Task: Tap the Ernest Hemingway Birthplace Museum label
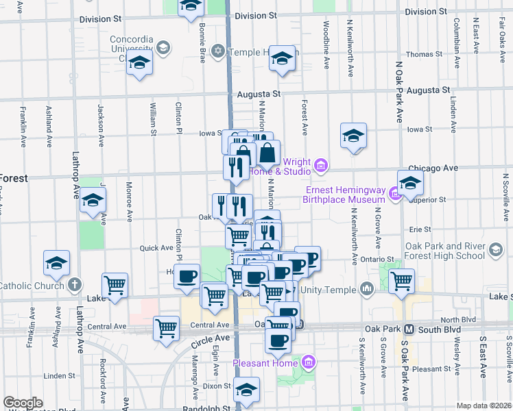[344, 195]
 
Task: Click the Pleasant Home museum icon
[308, 362]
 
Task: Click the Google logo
[23, 403]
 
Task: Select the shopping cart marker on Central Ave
[167, 328]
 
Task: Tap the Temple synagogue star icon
[218, 51]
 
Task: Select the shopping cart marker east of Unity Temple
[401, 279]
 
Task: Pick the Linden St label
[58, 375]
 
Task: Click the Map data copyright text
[484, 406]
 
